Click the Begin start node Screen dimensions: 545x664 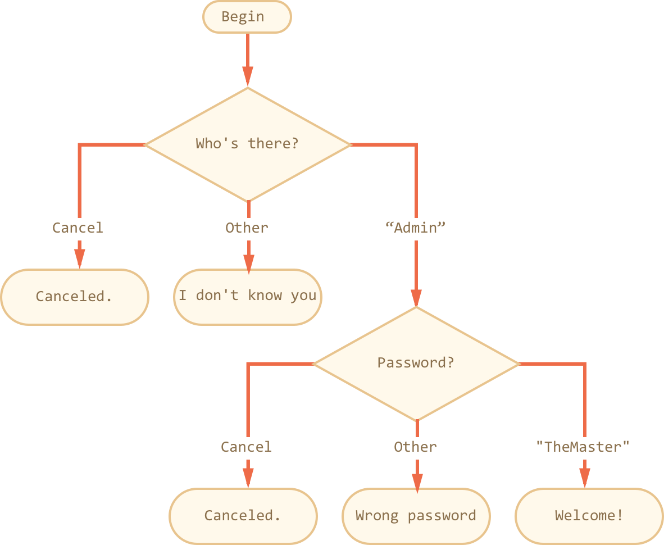pos(247,17)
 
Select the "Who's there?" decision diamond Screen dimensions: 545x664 pos(248,144)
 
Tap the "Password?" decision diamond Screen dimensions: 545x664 pos(416,363)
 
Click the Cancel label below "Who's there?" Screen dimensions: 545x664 pos(78,228)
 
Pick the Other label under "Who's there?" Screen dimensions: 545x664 pos(247,228)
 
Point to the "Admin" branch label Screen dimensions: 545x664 pos(416,228)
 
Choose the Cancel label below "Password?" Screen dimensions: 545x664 pos(246,447)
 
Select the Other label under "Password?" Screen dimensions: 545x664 pos(416,447)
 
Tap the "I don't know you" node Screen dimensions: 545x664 pos(248,297)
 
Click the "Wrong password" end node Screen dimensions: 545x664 pos(416,516)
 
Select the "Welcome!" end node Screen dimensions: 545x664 pos(589,516)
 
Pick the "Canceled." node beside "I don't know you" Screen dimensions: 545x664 pos(75,297)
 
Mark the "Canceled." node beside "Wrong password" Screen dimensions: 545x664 pos(243,516)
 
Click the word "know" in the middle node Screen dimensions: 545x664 pos(265,296)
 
